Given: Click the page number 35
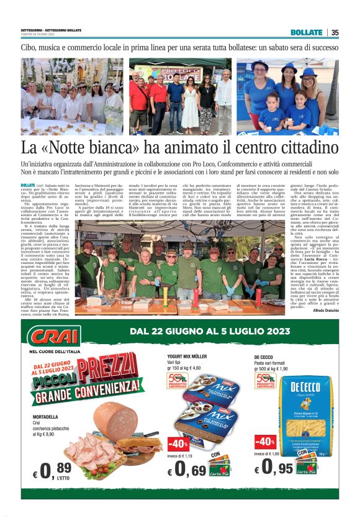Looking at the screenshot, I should (335, 32).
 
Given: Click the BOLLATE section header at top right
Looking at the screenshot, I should (306, 32).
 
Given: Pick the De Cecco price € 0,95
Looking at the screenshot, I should (277, 466).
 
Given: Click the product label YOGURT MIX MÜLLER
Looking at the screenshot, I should (187, 357).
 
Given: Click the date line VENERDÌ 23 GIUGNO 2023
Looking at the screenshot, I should (38, 34).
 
